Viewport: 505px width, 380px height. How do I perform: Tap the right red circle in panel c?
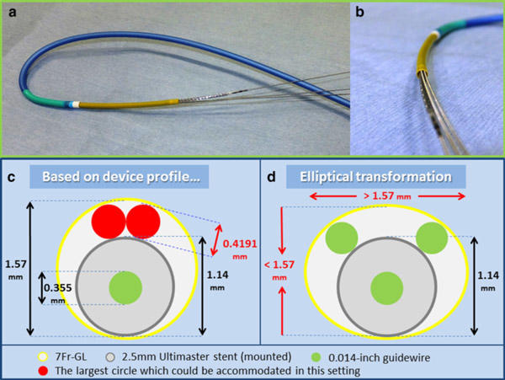(141, 221)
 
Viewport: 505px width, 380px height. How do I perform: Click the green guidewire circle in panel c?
(127, 286)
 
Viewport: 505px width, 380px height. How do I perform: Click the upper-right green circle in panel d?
(431, 238)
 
